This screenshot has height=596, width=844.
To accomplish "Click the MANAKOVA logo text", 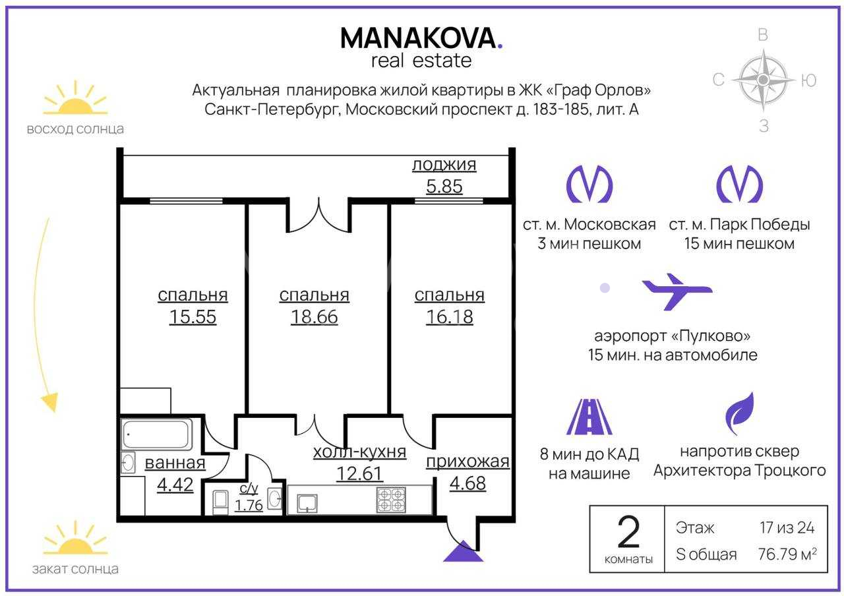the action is tap(421, 38).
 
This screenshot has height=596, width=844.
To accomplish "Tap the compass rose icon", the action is tap(764, 80).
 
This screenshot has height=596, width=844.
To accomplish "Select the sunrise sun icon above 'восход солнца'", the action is tap(75, 98).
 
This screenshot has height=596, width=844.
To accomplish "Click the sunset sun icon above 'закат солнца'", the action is tap(75, 538).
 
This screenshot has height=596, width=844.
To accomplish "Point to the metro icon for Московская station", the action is tap(589, 184).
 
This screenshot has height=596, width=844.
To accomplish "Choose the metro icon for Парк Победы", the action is tap(739, 184).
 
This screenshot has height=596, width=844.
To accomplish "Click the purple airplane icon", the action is tap(677, 292).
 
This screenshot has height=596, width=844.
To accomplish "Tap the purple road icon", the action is tap(589, 417).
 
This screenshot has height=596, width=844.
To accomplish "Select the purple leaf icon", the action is tap(740, 413).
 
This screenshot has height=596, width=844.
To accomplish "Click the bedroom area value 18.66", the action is tap(315, 317).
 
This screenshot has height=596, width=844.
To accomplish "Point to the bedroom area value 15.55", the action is tap(193, 317).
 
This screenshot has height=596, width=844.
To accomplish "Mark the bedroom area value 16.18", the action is tap(450, 317).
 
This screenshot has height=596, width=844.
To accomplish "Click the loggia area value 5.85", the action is tap(444, 187).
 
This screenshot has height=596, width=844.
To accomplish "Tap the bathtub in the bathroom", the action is tap(157, 434).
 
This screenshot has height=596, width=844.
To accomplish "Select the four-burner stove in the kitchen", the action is tap(392, 500).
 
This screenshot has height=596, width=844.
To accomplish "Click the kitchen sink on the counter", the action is tap(307, 504).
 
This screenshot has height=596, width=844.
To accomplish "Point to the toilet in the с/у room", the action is tap(220, 502).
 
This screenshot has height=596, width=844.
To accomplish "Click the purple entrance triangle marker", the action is tap(463, 551).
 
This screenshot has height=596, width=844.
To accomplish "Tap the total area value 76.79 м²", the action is tap(787, 554).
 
